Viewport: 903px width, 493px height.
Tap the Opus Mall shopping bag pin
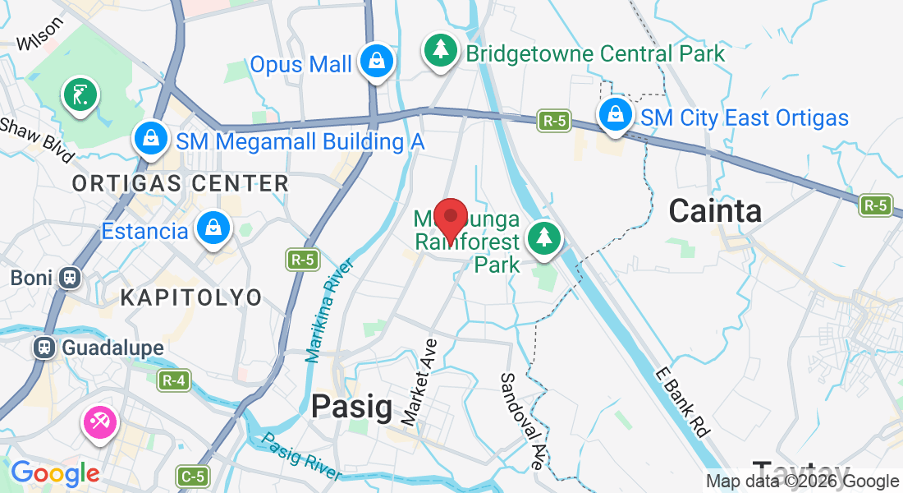tap(376, 62)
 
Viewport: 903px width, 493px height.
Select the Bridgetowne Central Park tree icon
tap(442, 51)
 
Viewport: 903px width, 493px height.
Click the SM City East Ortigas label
tap(744, 118)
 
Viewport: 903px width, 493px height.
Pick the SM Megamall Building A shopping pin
tap(151, 139)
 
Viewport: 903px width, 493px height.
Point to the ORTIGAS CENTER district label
tap(181, 183)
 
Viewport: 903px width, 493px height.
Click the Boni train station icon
tap(70, 278)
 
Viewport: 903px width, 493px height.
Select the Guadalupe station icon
tap(44, 348)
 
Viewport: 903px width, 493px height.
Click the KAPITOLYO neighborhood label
tap(191, 297)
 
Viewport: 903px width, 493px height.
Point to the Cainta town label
tap(715, 211)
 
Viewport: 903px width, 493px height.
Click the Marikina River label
tap(328, 311)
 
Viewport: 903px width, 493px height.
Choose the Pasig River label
tap(301, 457)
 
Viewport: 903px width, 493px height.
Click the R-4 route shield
tap(173, 380)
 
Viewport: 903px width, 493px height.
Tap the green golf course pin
tap(80, 94)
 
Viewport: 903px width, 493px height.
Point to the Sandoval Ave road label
tap(520, 421)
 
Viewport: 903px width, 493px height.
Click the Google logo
tap(55, 473)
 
